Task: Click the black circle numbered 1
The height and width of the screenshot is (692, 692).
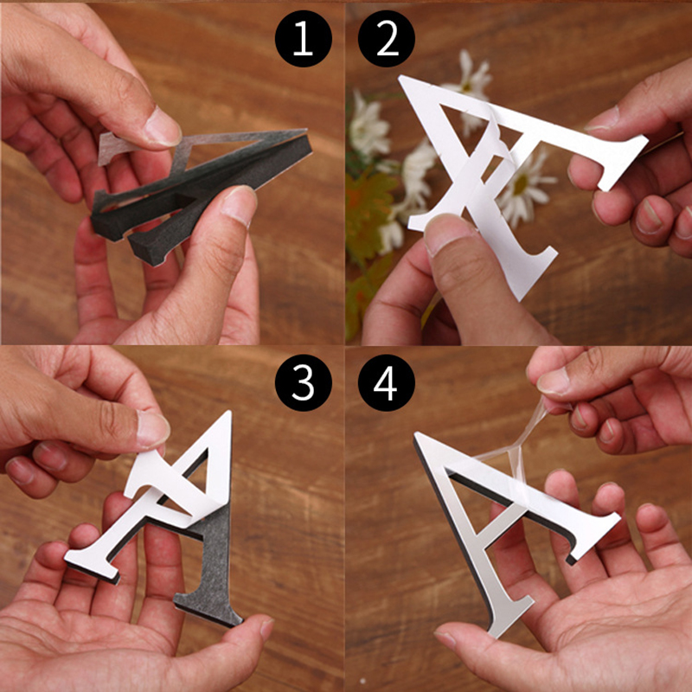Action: (304, 39)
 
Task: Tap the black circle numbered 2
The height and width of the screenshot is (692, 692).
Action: (386, 39)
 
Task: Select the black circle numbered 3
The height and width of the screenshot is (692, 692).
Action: (304, 382)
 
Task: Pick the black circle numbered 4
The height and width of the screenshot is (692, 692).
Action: (386, 382)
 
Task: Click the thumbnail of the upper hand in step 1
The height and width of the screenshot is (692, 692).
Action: (162, 128)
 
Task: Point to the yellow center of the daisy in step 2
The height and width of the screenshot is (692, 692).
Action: (520, 184)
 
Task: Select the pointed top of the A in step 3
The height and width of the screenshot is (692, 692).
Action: (227, 413)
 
